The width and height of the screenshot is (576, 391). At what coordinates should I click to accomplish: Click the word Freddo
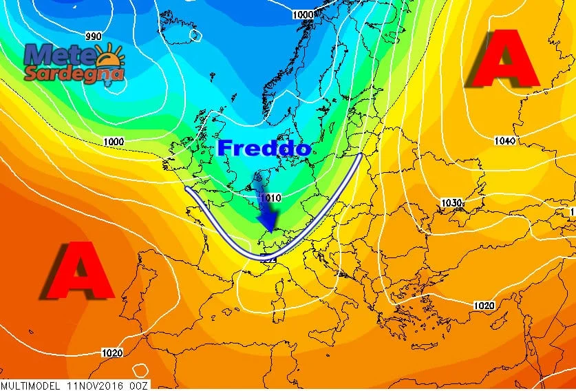[x=264, y=147]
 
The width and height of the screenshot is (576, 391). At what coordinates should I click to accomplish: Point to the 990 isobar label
[x=94, y=36]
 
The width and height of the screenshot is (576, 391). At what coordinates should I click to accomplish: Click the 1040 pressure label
[x=504, y=141]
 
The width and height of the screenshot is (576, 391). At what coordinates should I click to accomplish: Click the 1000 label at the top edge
[x=303, y=14]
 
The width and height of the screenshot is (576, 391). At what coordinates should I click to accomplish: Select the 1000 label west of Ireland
[x=114, y=142]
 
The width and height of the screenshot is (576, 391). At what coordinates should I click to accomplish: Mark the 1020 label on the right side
[x=484, y=305]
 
